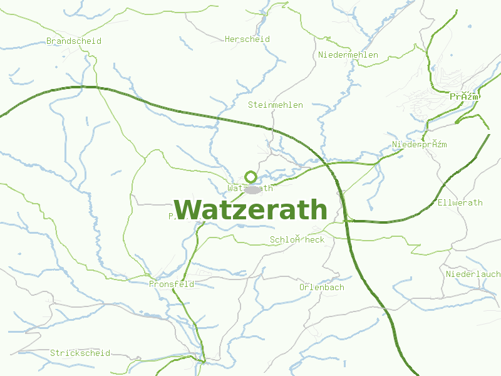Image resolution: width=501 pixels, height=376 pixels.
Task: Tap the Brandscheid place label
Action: click(x=74, y=41)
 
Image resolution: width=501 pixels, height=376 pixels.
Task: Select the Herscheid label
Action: click(x=247, y=39)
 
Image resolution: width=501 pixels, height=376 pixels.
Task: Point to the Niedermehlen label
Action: click(x=348, y=55)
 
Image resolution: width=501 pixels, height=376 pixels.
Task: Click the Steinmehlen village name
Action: click(x=276, y=105)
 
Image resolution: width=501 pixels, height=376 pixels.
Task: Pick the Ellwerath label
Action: click(x=460, y=202)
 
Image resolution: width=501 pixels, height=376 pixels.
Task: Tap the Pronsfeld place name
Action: click(x=172, y=284)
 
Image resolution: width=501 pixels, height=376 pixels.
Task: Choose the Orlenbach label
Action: click(x=322, y=287)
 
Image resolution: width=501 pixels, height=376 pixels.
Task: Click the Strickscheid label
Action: click(x=80, y=353)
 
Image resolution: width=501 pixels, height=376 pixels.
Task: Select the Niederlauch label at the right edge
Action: click(x=473, y=274)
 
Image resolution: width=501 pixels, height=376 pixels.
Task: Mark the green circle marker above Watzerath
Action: click(x=251, y=176)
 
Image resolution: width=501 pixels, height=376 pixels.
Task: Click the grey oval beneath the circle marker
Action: click(x=252, y=189)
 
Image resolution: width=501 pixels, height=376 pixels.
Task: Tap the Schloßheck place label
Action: click(x=297, y=239)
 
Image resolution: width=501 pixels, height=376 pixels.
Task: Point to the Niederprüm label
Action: click(x=419, y=145)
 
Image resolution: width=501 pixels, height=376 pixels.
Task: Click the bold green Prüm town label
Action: click(x=464, y=97)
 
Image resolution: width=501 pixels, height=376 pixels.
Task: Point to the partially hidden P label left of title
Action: click(x=171, y=216)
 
